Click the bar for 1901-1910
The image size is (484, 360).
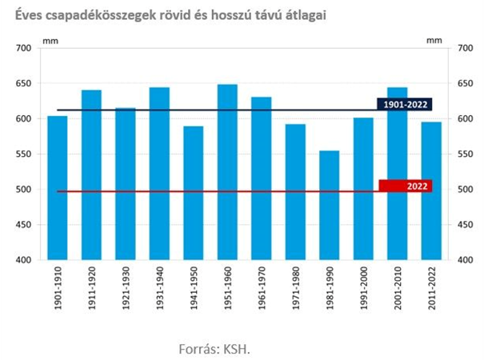(x=58, y=188)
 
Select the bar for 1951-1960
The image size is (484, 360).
(x=227, y=172)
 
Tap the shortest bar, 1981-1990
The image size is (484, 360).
(x=329, y=206)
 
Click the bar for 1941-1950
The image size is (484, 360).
(x=194, y=194)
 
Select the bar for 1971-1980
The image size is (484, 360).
(x=295, y=192)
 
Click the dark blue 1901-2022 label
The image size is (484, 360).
(x=404, y=104)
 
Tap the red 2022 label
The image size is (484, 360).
(x=405, y=186)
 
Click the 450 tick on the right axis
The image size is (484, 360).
(x=466, y=225)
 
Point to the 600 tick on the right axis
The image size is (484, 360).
(x=466, y=119)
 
